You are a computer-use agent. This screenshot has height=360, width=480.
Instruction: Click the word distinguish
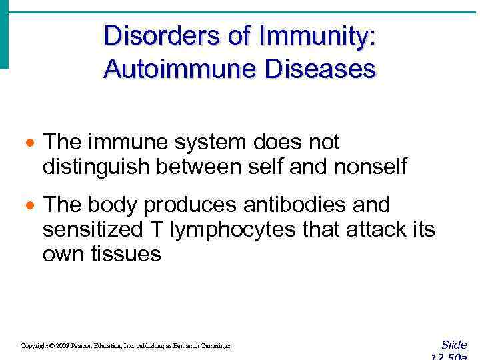[97, 167]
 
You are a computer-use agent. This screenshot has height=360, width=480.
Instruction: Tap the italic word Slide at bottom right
[454, 345]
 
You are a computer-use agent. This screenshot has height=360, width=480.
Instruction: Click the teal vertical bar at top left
[4, 33]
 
